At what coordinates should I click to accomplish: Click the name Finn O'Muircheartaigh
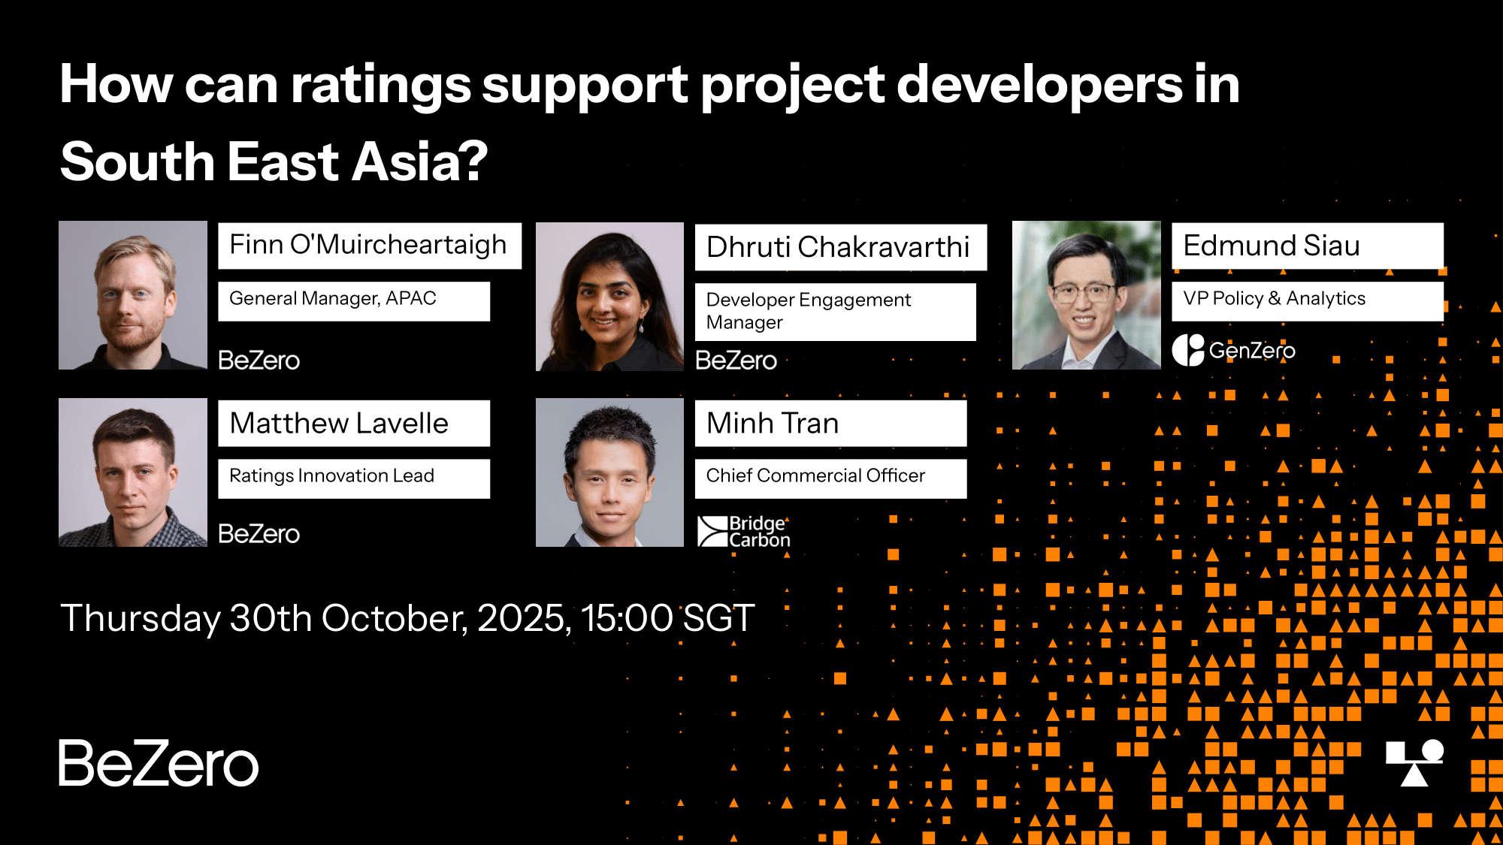(x=368, y=245)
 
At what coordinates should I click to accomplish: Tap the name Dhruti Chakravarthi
(x=838, y=246)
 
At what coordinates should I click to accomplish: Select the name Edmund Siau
(x=1272, y=246)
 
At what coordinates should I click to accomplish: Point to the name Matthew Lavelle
(x=339, y=423)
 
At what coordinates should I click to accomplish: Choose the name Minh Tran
(x=773, y=423)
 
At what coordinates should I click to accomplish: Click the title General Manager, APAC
(x=332, y=299)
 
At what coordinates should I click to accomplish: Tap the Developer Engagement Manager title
(x=809, y=311)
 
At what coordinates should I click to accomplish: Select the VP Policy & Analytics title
(x=1275, y=299)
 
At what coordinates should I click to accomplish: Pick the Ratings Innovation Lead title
(x=331, y=475)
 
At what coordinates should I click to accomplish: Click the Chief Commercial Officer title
(x=815, y=475)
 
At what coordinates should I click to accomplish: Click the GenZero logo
(x=1233, y=350)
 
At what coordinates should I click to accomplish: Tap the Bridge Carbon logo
(x=744, y=531)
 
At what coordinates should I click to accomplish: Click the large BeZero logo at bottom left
(x=159, y=763)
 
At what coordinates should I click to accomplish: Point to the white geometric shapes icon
(x=1415, y=763)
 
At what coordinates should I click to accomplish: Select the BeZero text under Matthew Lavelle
(x=259, y=533)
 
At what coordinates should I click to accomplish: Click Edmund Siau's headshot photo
(x=1087, y=295)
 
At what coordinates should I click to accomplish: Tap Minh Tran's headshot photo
(x=609, y=472)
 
